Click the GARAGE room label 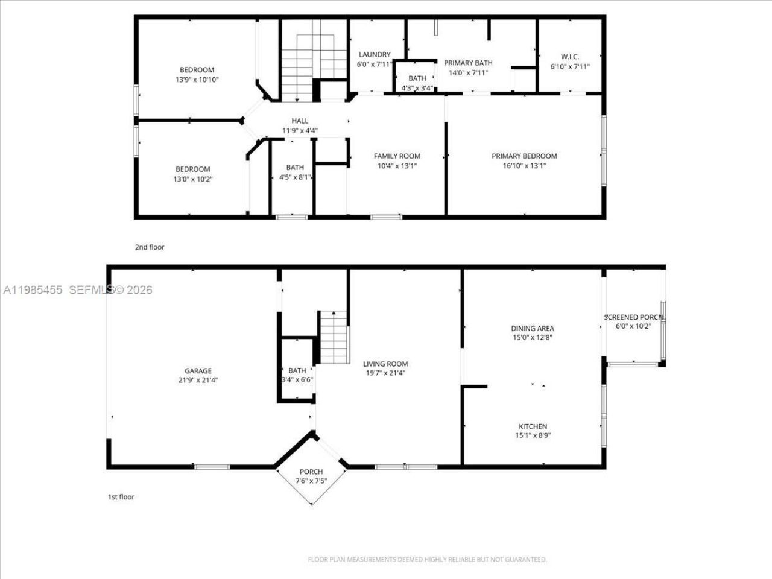point(198,371)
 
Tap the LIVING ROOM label point(385,364)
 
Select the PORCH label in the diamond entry point(311,472)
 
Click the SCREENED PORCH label point(633,317)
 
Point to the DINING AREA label point(533,329)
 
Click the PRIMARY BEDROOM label point(524,156)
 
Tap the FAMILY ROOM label point(397,156)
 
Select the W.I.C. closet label point(569,58)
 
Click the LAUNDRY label point(375,54)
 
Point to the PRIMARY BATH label point(468,63)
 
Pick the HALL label point(300,121)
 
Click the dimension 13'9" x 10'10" point(197,79)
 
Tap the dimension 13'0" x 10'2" point(193,179)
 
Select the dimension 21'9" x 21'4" point(198,380)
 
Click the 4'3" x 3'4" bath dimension point(417,88)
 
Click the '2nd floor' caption point(149,247)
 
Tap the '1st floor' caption point(121,497)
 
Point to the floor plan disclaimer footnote point(427,560)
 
